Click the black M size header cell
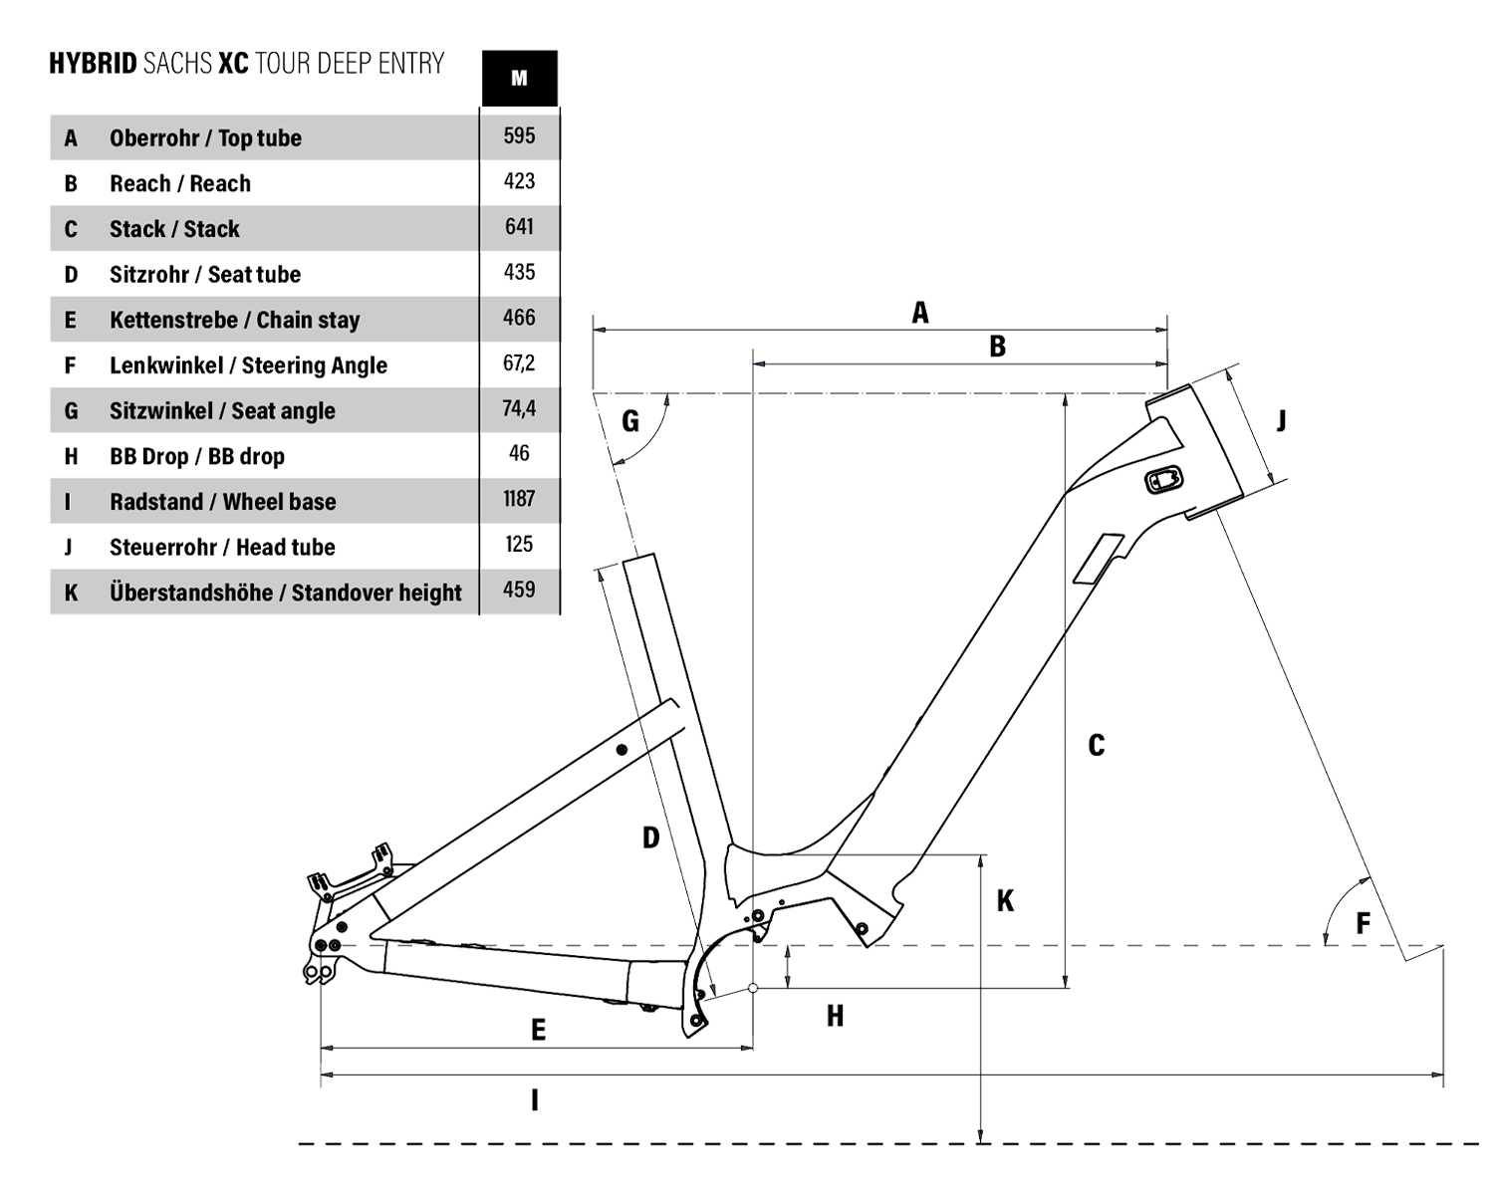point(519,78)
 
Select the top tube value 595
point(519,136)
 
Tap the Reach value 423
point(519,182)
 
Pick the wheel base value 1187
point(519,499)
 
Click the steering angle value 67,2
point(519,363)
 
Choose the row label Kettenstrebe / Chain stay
point(234,320)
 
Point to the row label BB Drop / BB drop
point(196,456)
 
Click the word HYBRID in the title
point(93,64)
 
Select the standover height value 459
point(519,590)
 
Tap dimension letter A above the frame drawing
point(920,314)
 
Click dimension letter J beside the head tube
point(1282,421)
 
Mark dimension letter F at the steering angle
point(1364,923)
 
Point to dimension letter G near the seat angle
point(630,421)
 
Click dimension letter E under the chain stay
point(538,1030)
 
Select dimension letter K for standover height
point(1005,901)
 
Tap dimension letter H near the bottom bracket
point(835,1016)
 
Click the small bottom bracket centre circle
point(753,989)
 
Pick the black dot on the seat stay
point(622,749)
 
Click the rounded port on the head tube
point(1163,479)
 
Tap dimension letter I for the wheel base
point(535,1100)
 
